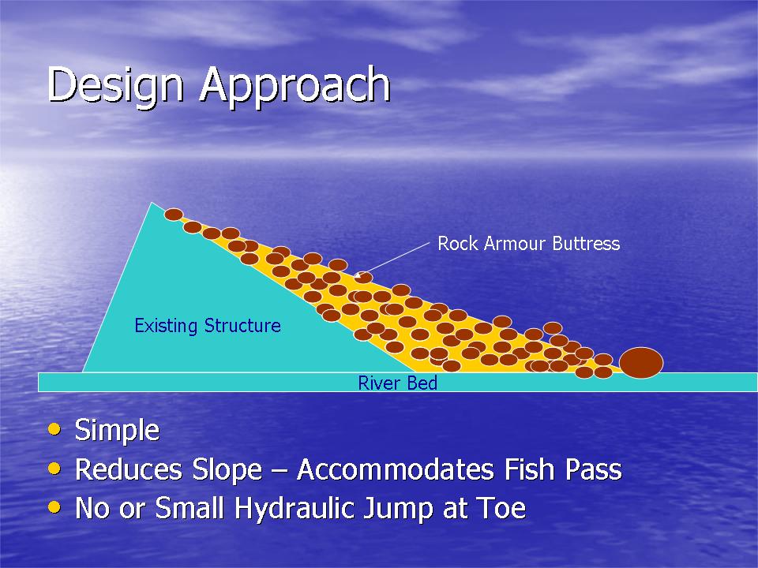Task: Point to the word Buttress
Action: (x=586, y=244)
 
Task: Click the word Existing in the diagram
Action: (x=166, y=326)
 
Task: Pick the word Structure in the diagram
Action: (x=242, y=325)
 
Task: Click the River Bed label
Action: (x=397, y=383)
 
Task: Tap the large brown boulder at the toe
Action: (x=641, y=362)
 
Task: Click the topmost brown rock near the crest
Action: (x=174, y=215)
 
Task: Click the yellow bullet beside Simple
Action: (x=54, y=429)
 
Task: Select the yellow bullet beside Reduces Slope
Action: (x=54, y=468)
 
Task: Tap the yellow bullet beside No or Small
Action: (x=54, y=507)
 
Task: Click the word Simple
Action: (x=117, y=430)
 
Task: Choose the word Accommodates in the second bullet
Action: (x=396, y=469)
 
